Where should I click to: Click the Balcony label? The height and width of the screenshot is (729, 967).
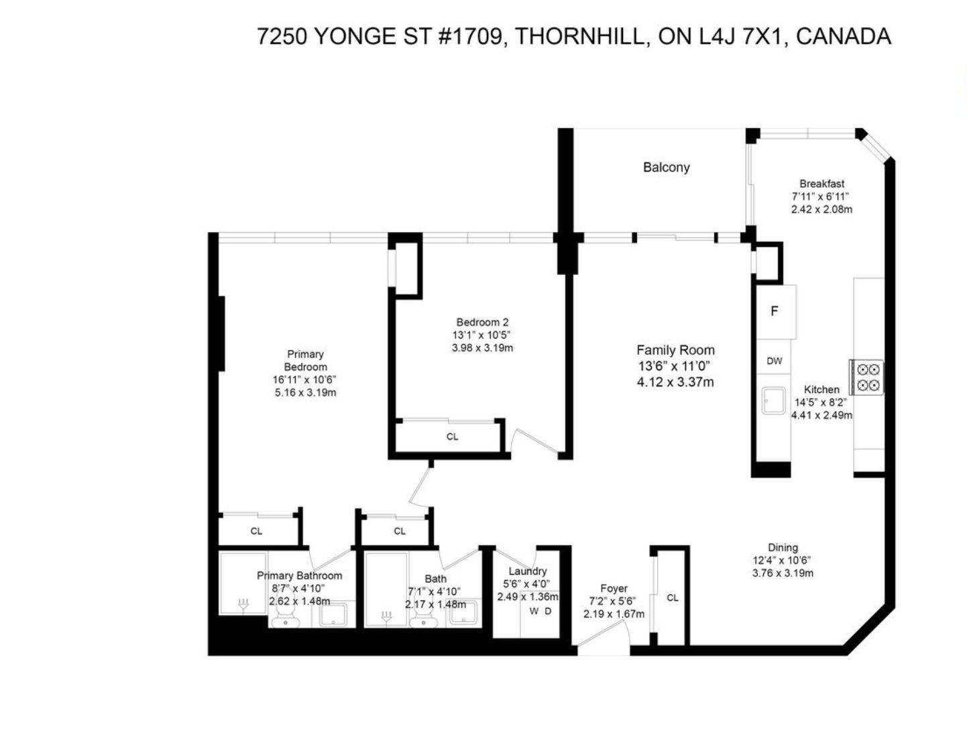666,168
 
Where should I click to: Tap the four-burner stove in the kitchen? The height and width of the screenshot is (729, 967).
866,377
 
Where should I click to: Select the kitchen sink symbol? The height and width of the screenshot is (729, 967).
775,400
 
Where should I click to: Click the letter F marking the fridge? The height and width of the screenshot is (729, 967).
774,311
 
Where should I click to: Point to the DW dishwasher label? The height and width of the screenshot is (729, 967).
774,361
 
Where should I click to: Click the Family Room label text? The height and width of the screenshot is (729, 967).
675,350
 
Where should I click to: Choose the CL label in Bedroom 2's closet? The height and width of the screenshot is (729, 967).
452,437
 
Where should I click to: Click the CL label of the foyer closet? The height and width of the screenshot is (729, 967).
673,598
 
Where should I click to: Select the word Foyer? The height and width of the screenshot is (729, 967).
614,588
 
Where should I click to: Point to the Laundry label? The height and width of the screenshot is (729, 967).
527,571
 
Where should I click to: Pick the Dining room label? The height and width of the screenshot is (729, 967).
783,547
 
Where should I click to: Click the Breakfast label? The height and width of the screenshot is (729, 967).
821,184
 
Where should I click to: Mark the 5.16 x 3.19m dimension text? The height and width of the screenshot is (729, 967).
305,392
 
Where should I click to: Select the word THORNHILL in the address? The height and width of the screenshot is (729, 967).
579,36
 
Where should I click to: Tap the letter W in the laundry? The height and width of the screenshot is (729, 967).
534,612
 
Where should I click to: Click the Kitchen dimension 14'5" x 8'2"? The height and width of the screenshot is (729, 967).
821,402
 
